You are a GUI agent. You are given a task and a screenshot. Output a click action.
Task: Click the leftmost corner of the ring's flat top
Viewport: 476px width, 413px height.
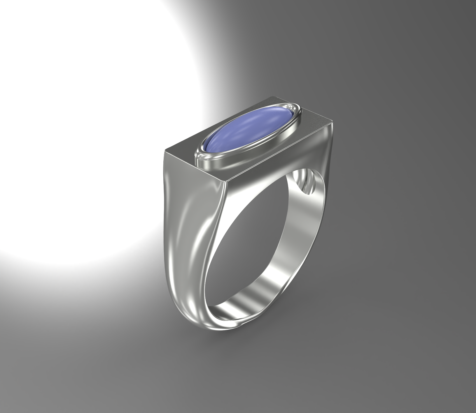(x=165, y=151)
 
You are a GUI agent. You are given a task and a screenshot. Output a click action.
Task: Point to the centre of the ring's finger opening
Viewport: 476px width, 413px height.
(x=248, y=248)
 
